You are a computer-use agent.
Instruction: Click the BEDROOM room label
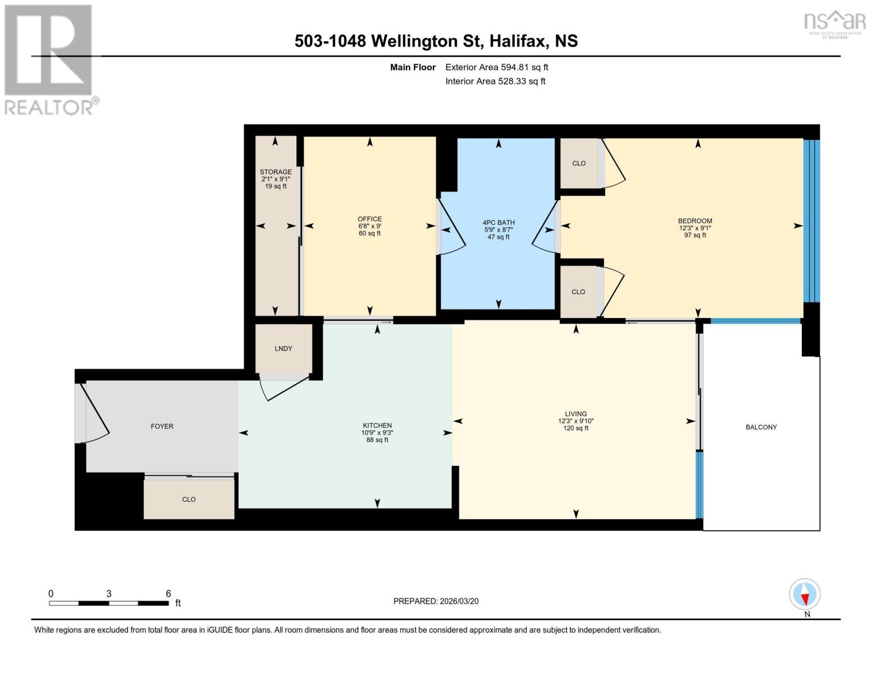point(695,221)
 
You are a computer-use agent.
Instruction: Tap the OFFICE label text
point(369,219)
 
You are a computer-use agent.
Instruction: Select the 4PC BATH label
point(499,222)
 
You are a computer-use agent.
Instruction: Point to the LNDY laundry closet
point(284,349)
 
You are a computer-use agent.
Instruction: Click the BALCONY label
point(761,427)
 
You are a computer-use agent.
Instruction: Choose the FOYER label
point(162,426)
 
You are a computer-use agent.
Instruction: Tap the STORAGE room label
point(276,172)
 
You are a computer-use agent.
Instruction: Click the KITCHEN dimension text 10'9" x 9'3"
point(377,433)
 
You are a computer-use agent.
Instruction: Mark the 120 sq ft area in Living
point(576,429)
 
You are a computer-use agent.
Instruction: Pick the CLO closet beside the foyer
point(189,499)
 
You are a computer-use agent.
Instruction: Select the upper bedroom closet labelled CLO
point(579,163)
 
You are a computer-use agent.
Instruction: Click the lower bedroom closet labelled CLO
point(578,292)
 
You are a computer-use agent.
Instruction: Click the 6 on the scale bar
point(168,594)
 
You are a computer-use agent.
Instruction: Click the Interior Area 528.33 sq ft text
point(495,81)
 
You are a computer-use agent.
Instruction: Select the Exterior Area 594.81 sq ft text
point(496,67)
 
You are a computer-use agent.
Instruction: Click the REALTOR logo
point(49,59)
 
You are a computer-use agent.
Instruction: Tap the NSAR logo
point(834,22)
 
